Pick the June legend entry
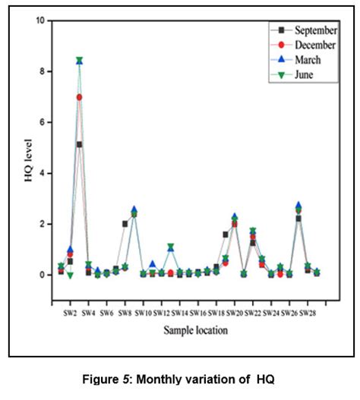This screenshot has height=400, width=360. click(305, 74)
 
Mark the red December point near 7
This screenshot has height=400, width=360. click(79, 97)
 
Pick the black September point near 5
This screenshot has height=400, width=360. click(79, 144)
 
